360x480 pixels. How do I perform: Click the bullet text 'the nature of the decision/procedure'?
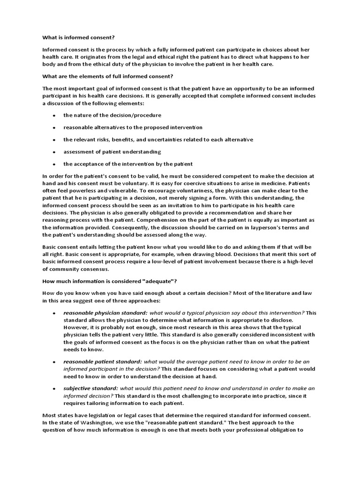coord(112,115)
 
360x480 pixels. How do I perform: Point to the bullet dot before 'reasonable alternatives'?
coord(54,127)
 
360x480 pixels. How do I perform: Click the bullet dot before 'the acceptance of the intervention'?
coord(54,165)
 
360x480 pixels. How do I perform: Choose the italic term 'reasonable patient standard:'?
coord(102,362)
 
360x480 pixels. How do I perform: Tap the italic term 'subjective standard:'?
coord(91,389)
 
